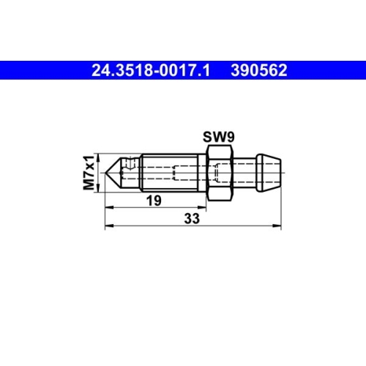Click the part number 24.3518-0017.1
click(x=151, y=70)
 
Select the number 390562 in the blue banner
click(x=259, y=70)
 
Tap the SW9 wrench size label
click(x=219, y=137)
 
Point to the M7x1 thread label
click(x=89, y=172)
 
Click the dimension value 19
click(x=154, y=201)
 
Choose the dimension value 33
click(x=192, y=218)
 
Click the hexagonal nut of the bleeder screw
click(x=220, y=173)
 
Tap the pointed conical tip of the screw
click(x=113, y=173)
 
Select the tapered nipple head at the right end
click(x=269, y=173)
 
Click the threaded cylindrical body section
click(x=170, y=173)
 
